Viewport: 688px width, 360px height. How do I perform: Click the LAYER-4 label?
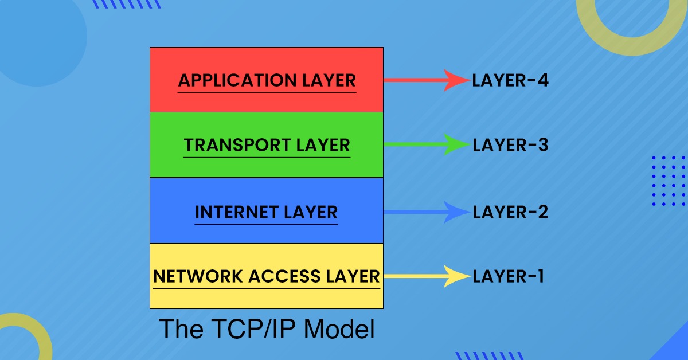pyautogui.click(x=510, y=81)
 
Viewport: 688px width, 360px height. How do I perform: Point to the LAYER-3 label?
pyautogui.click(x=510, y=146)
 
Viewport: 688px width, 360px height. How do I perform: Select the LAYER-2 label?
pyautogui.click(x=510, y=212)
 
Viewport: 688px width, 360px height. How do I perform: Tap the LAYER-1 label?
pyautogui.click(x=508, y=277)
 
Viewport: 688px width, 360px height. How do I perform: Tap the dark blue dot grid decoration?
pyautogui.click(x=670, y=181)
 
